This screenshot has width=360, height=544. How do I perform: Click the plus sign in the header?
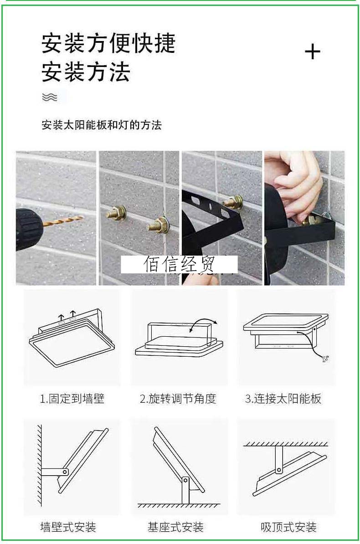click(x=313, y=52)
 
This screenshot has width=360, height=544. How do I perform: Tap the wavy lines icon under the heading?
click(x=50, y=97)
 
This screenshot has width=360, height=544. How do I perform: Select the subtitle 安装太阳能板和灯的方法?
click(x=101, y=125)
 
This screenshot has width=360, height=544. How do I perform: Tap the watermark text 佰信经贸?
click(x=179, y=264)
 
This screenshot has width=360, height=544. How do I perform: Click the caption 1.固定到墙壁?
click(x=72, y=399)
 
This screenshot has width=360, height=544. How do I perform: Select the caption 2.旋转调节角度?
click(x=178, y=399)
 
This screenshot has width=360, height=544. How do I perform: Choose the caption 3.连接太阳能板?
click(x=283, y=399)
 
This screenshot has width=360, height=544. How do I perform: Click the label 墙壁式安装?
click(x=68, y=527)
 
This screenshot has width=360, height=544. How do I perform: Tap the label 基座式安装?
click(x=175, y=527)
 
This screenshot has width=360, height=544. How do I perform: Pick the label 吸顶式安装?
click(x=288, y=527)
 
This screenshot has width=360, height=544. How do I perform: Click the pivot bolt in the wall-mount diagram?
click(x=65, y=472)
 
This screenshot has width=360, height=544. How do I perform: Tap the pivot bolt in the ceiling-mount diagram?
click(x=278, y=471)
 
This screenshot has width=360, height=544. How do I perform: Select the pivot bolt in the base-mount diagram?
click(x=185, y=481)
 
